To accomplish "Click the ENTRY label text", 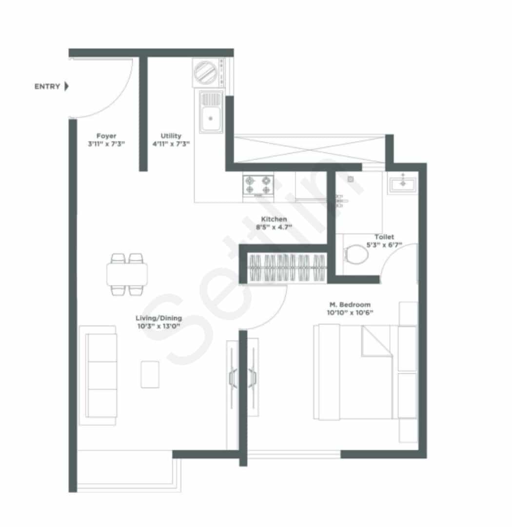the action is (47, 86).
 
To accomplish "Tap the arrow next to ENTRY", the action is (66, 86).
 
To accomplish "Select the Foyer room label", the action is (106, 136).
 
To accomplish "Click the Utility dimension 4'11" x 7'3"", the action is (171, 144).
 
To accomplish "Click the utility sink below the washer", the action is (211, 111).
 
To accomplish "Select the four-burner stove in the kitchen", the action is (258, 185).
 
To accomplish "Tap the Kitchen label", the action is (274, 219).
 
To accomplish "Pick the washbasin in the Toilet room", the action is (403, 183).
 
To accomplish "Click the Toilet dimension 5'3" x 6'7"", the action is (384, 245).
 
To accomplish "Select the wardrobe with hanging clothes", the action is (287, 267).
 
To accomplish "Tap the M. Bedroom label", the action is (350, 305).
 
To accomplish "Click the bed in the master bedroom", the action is (353, 372).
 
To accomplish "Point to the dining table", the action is (127, 274).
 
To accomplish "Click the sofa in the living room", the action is (98, 375).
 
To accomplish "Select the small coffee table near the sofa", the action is (150, 374).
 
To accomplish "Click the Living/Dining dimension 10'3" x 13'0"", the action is (159, 326).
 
